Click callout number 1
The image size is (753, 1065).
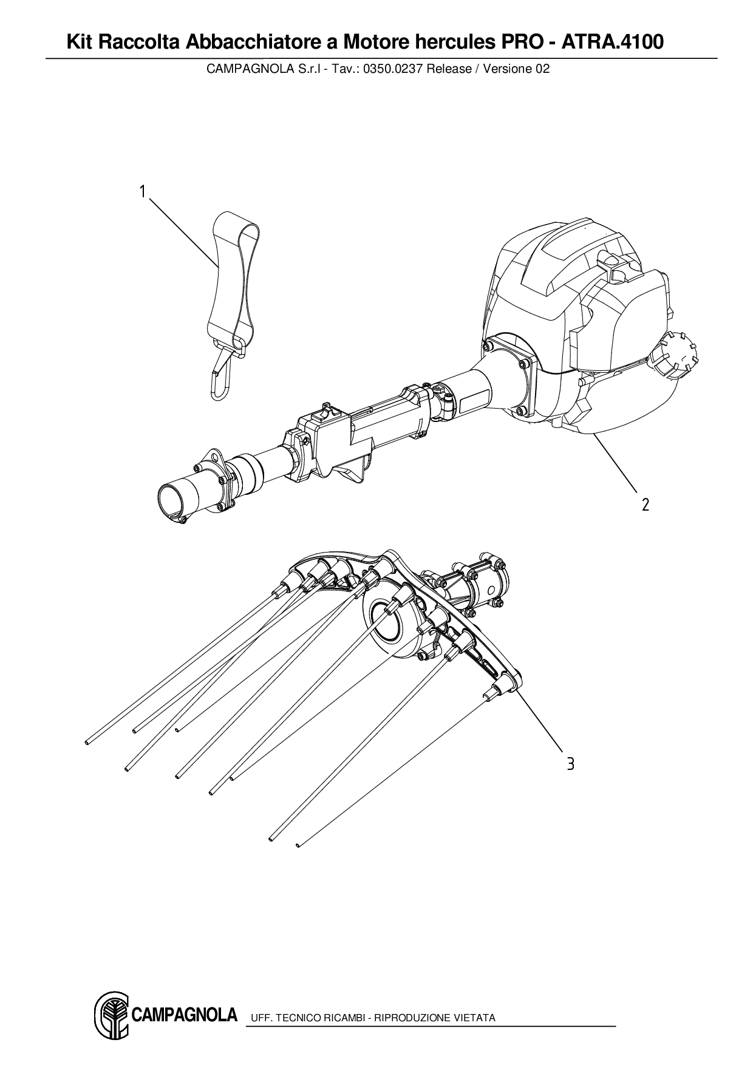pyautogui.click(x=142, y=192)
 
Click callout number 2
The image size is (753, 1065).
pyautogui.click(x=645, y=505)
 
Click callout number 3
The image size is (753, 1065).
pyautogui.click(x=570, y=764)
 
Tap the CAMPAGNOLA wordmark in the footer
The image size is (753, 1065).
pyautogui.click(x=184, y=1015)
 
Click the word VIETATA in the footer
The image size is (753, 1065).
pyautogui.click(x=474, y=1018)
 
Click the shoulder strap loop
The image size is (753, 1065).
pyautogui.click(x=234, y=273)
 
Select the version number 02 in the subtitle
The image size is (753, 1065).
pyautogui.click(x=542, y=69)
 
